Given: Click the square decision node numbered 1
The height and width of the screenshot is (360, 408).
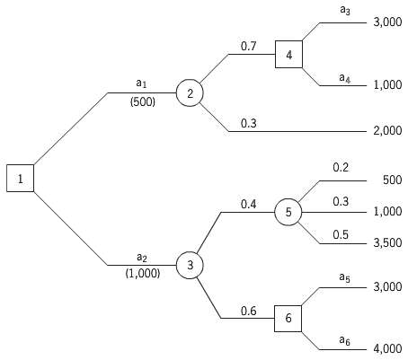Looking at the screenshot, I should [20, 178].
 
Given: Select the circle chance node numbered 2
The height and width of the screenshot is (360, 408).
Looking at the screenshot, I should [190, 92].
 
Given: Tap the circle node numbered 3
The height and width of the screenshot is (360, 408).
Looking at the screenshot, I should [190, 265].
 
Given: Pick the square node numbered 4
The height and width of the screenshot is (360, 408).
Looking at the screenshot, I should [288, 54].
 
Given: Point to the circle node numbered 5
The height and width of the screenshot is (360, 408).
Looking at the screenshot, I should [288, 212].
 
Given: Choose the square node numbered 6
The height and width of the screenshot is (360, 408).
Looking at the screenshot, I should [288, 319].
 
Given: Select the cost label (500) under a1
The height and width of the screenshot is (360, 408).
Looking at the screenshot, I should [142, 101].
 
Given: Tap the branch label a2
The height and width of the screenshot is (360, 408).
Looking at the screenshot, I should [142, 258].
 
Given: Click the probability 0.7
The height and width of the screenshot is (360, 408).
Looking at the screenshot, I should [249, 45].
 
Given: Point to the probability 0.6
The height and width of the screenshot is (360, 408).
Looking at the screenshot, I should [249, 311].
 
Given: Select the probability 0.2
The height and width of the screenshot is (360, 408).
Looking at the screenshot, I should [341, 167].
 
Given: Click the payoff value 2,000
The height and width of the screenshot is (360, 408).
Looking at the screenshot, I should [386, 131].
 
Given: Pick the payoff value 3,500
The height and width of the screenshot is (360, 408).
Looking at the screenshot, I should [386, 243].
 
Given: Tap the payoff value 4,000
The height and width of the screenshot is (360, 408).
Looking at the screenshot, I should [386, 349].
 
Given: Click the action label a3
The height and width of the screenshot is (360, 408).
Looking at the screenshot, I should [345, 10].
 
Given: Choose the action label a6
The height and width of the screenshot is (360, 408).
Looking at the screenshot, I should [345, 339].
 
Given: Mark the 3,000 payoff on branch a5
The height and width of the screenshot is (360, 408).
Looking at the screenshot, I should [386, 288].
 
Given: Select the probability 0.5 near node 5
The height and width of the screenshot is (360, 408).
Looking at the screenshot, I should [341, 234].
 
